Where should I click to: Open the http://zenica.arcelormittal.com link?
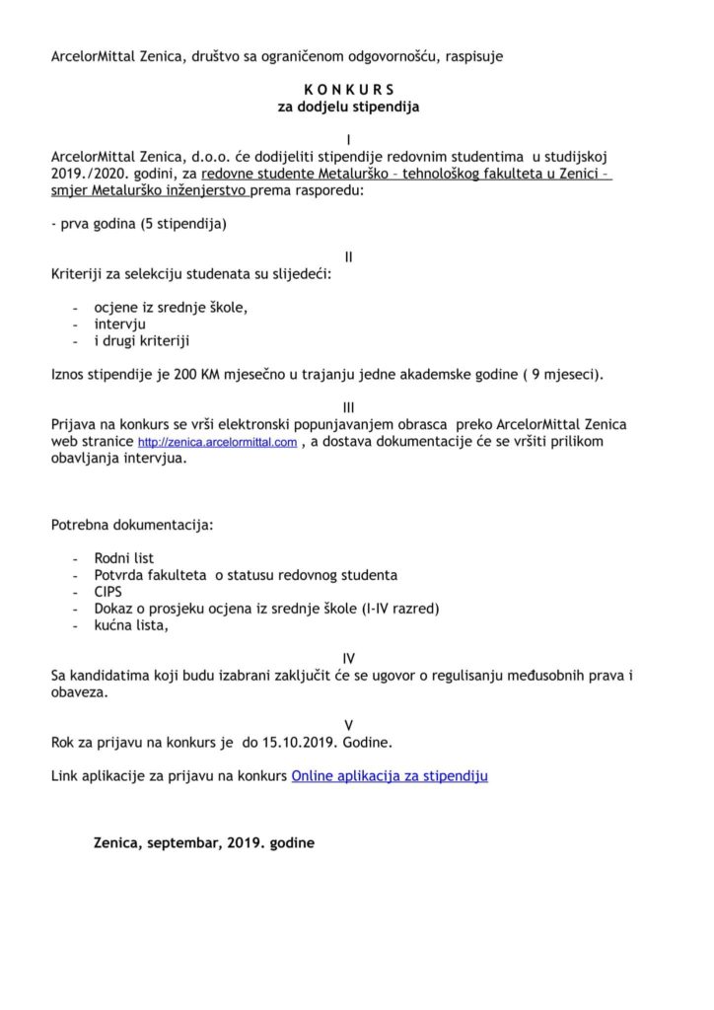pos(217,444)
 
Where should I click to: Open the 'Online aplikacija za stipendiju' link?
pos(390,776)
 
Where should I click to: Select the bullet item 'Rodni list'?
pos(124,557)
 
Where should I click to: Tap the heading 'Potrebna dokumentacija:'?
pos(131,524)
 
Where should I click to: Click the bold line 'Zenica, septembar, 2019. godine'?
pos(205,844)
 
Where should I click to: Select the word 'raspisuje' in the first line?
pos(472,56)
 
